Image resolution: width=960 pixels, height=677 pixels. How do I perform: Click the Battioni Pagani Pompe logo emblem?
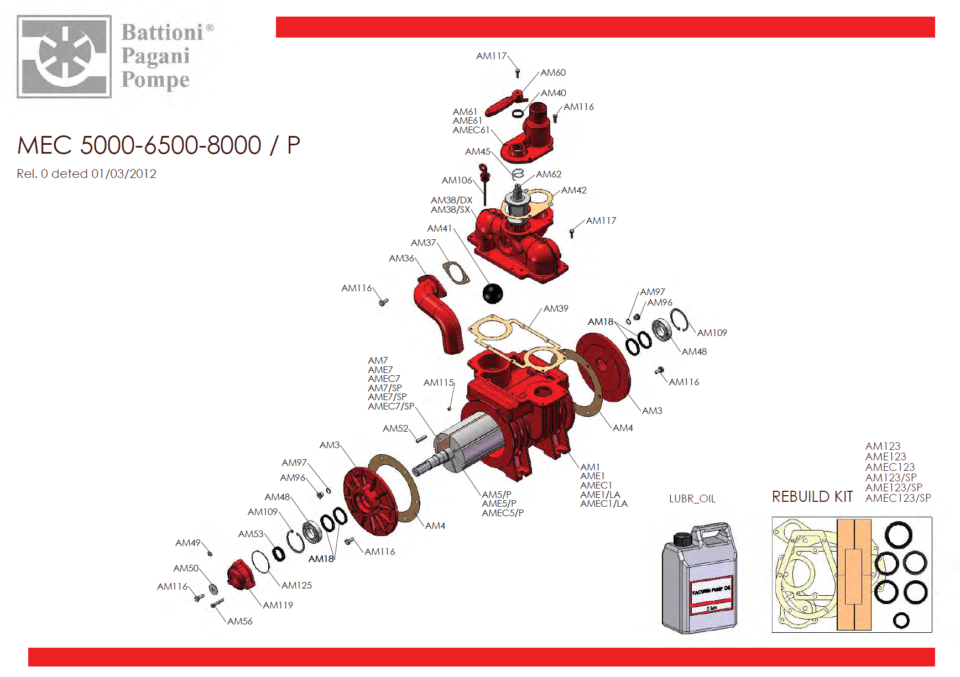point(64,56)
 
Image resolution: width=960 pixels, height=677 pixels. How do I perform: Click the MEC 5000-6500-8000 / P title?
point(159,145)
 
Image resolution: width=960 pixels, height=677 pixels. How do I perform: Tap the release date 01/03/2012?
point(124,174)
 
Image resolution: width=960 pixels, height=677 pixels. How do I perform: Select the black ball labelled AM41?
point(493,293)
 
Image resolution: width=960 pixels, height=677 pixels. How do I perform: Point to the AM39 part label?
point(556,308)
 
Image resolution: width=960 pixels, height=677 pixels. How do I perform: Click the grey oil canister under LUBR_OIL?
point(700,577)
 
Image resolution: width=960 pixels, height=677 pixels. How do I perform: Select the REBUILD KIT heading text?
point(812,497)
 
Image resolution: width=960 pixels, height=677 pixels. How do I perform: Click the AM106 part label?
point(457,180)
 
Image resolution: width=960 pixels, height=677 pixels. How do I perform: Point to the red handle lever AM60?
point(504,103)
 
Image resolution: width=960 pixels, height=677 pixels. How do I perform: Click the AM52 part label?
point(395,428)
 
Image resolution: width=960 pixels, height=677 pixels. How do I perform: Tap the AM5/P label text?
point(497,495)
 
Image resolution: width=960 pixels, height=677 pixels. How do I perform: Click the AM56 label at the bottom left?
point(240,621)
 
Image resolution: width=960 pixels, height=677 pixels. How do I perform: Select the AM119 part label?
point(278,605)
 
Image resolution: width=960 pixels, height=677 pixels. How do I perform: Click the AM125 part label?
point(297,585)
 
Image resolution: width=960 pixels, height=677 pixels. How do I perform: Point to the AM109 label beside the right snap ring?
point(712,333)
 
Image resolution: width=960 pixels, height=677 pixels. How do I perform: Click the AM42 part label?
point(574,190)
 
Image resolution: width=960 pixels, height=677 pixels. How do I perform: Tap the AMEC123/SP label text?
point(898,498)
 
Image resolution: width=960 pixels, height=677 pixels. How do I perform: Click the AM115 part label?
point(439,382)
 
